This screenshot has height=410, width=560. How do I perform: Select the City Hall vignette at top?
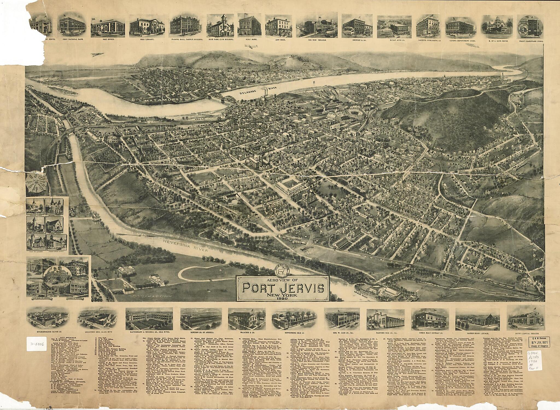pyautogui.click(x=277, y=26)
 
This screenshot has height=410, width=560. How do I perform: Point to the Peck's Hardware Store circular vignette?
pyautogui.click(x=530, y=26)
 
